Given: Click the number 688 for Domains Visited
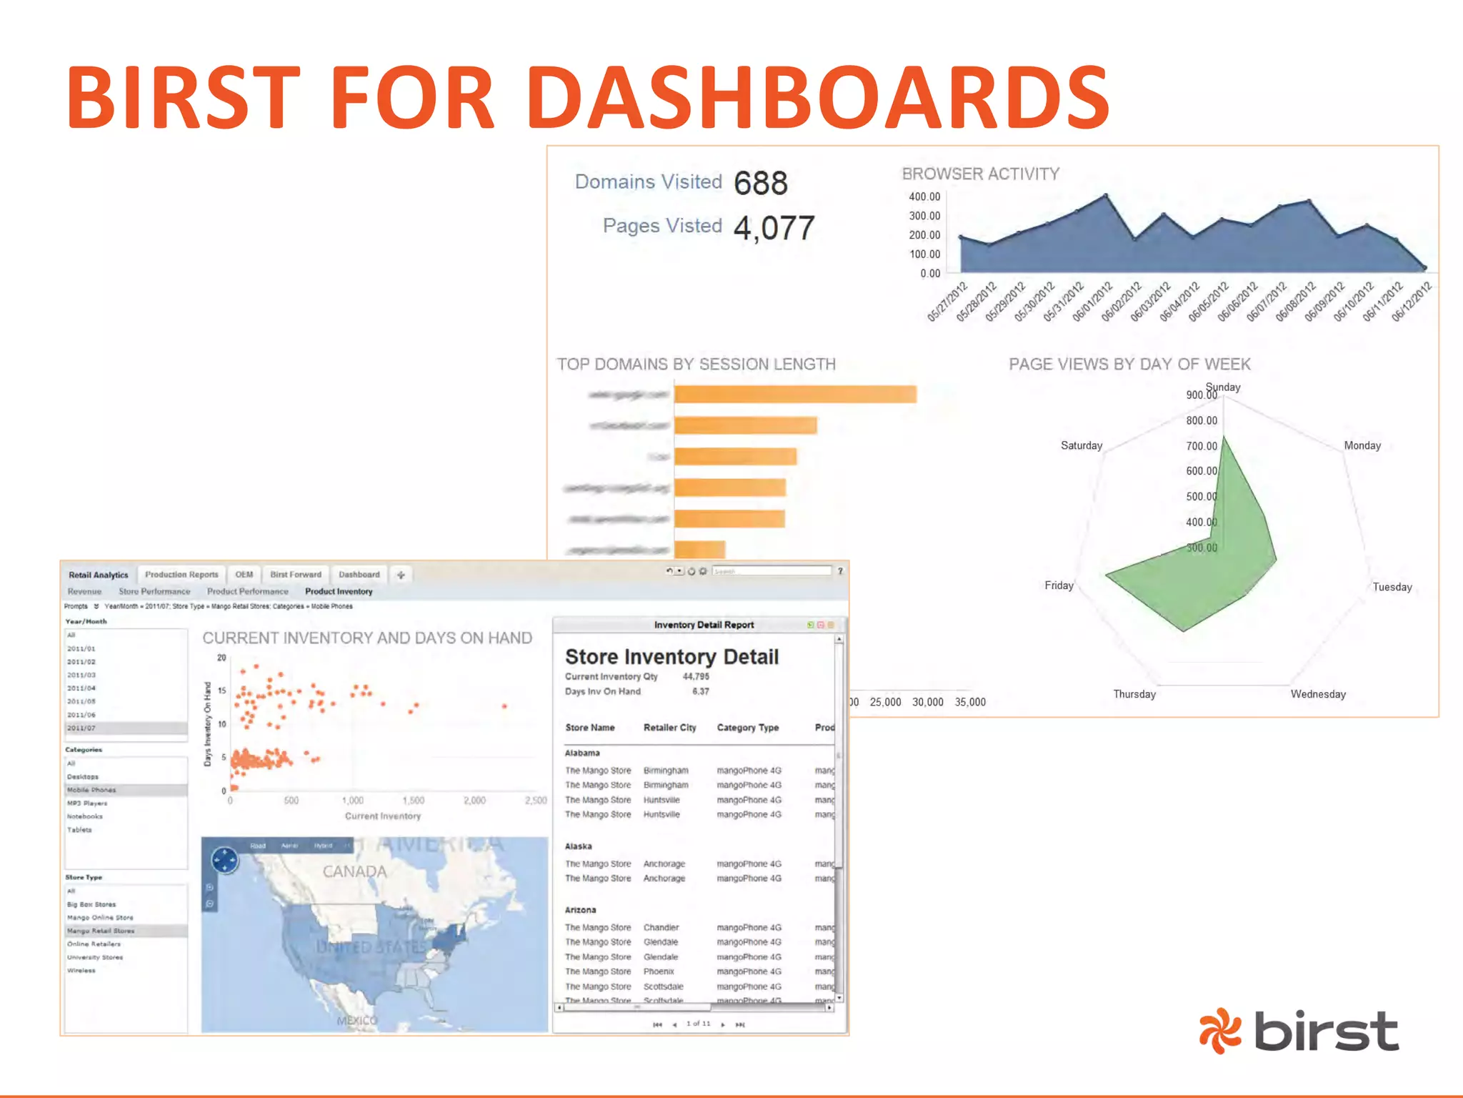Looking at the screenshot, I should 760,183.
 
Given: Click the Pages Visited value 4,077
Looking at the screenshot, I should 774,228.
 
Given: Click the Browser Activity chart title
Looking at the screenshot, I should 980,174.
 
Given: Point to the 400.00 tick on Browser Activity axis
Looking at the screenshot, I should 924,197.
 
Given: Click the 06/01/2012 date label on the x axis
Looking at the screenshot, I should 1093,302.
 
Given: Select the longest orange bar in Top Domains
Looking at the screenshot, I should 794,394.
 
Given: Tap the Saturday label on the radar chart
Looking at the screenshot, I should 1081,445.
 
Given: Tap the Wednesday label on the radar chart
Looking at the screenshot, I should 1317,694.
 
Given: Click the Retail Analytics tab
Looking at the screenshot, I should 99,575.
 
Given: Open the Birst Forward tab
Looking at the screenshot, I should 296,575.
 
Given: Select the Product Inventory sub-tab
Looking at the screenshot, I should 339,591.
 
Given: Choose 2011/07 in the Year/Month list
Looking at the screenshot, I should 81,728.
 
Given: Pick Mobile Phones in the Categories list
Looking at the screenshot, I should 91,790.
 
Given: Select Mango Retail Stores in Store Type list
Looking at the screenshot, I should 101,931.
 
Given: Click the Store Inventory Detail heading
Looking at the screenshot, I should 671,656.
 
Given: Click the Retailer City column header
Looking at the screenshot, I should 669,728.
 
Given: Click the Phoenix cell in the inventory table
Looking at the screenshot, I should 659,971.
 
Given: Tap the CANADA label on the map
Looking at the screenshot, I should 354,871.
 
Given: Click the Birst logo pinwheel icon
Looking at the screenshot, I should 1219,1030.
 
